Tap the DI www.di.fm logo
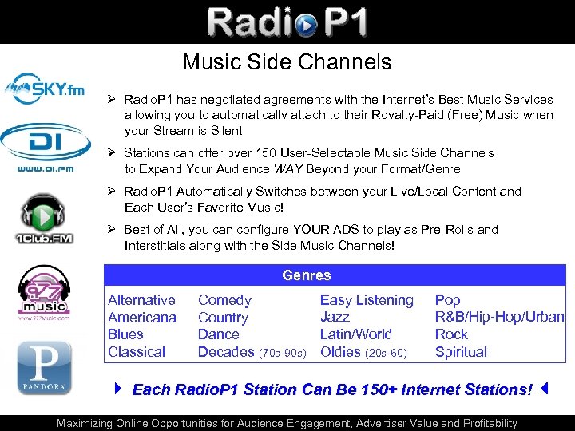click(46, 148)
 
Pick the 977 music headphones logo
click(45, 292)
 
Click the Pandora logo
click(45, 366)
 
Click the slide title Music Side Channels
click(287, 62)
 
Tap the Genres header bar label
click(306, 275)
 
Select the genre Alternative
click(141, 300)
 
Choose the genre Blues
click(125, 334)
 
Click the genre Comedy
click(224, 300)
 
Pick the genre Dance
click(218, 334)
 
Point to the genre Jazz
click(335, 317)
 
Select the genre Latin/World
click(355, 334)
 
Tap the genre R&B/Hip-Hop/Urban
click(499, 317)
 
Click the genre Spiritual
click(461, 352)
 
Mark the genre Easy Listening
click(367, 300)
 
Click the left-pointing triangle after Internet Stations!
click(543, 389)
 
